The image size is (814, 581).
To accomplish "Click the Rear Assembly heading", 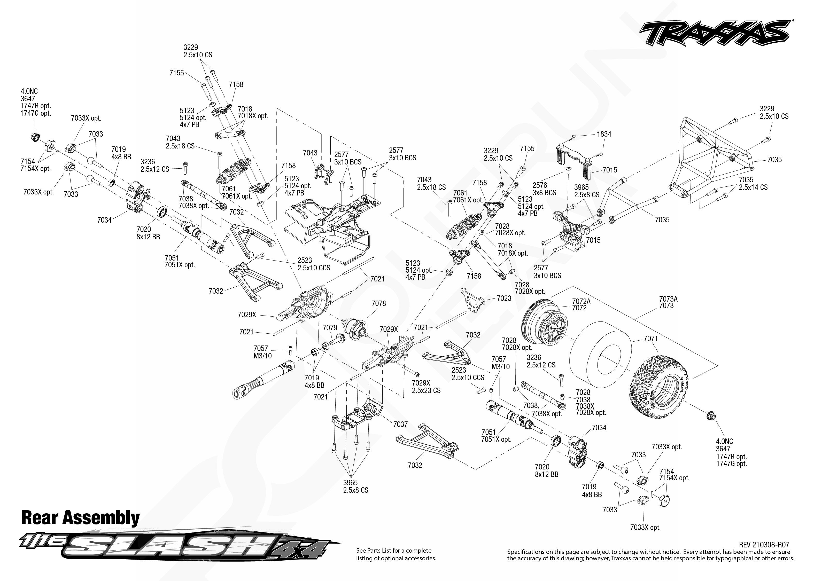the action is point(81,518).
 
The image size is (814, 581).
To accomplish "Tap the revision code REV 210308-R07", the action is point(764,545).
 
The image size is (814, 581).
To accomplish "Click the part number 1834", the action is point(604,134).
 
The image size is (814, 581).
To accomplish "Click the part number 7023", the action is point(504,298).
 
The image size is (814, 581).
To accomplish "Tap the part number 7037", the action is point(400,424).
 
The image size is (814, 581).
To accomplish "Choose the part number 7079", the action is point(330,328).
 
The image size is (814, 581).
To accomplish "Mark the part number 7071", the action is point(650,339).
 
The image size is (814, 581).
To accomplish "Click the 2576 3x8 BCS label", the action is point(545,189).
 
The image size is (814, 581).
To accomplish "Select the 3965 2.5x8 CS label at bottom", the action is point(355,486).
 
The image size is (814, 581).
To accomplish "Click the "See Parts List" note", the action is point(396,554).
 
